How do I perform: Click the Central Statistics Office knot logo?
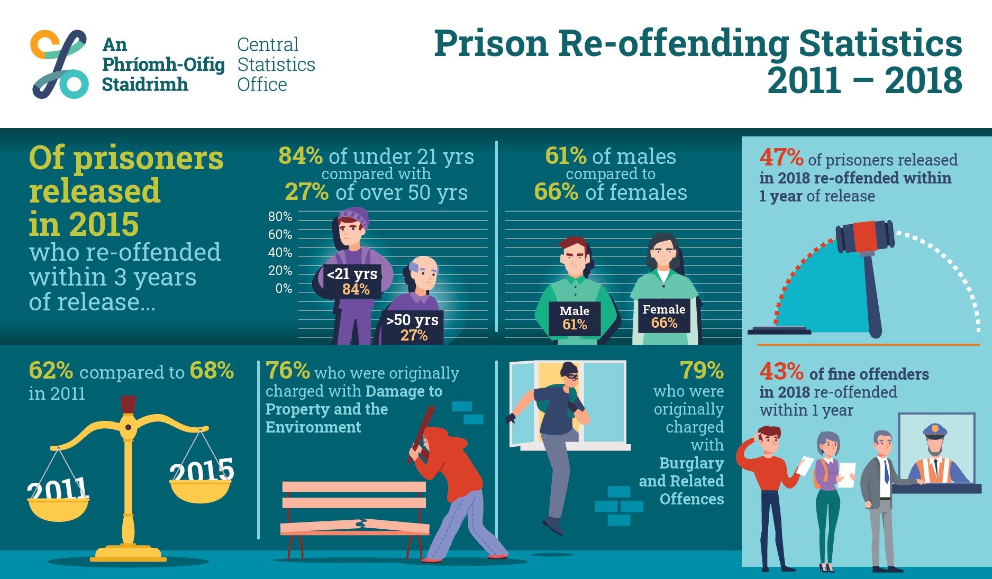(x=59, y=64)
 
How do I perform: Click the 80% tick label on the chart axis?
(x=280, y=216)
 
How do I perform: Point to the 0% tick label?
(x=284, y=288)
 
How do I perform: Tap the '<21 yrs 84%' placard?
(x=352, y=281)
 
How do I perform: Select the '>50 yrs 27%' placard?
(x=413, y=327)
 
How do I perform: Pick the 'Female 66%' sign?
(x=664, y=316)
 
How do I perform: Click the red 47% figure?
(x=781, y=157)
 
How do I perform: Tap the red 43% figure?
(x=781, y=372)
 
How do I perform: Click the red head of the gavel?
(x=866, y=236)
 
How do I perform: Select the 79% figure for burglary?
(x=702, y=371)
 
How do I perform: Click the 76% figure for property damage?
(x=287, y=371)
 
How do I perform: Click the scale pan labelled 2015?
(x=201, y=489)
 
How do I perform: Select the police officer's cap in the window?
(x=935, y=430)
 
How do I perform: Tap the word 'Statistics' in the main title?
(x=880, y=43)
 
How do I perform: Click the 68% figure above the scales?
(x=212, y=371)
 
